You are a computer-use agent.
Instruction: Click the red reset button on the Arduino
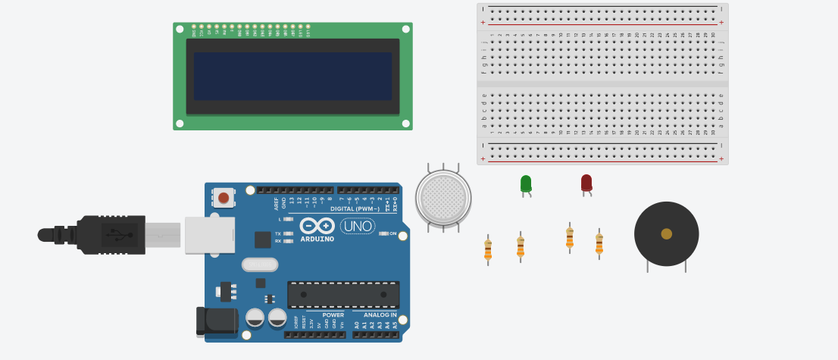(x=223, y=199)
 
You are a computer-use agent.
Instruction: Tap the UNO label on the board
(x=358, y=226)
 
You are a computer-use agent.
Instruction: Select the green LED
(x=526, y=183)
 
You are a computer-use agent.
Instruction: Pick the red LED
(x=586, y=182)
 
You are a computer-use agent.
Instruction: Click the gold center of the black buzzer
(x=666, y=233)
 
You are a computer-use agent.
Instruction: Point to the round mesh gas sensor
(x=443, y=197)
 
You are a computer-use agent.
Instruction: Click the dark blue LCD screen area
(x=292, y=76)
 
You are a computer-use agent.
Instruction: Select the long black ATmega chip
(x=342, y=294)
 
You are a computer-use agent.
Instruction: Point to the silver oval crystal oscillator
(x=260, y=265)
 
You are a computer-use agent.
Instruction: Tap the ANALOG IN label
(x=380, y=315)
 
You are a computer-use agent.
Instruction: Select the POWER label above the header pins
(x=333, y=315)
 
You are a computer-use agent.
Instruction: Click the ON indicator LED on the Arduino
(x=383, y=233)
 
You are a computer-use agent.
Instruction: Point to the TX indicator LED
(x=287, y=233)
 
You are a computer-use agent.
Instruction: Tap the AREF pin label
(x=277, y=203)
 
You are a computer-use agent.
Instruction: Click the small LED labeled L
(x=287, y=219)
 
